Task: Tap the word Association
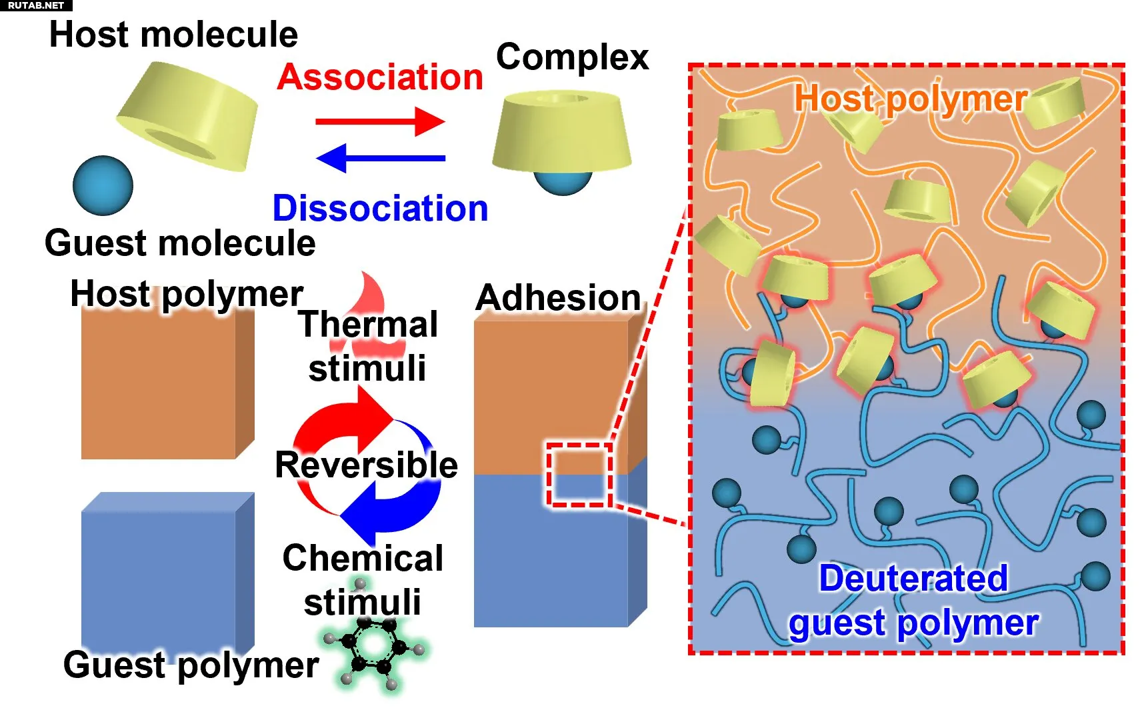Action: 380,77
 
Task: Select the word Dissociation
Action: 380,209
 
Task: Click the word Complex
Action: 572,57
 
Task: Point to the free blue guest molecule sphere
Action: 103,185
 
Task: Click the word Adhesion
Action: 558,297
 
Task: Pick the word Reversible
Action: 366,465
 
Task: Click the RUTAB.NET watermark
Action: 35,5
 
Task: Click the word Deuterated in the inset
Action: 913,578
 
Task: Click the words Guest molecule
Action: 180,243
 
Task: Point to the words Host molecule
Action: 173,35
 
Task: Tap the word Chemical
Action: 363,558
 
